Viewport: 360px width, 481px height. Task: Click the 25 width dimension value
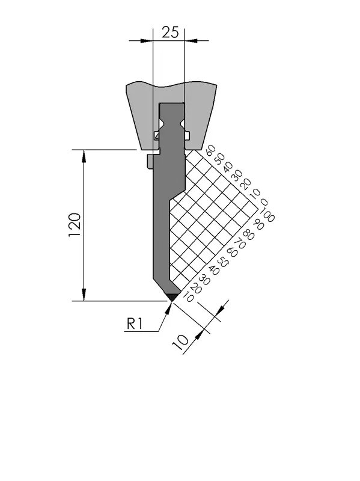(170, 32)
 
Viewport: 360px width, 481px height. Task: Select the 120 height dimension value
(75, 224)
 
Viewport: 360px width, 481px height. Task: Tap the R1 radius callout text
(135, 323)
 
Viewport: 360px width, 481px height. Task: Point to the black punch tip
(172, 297)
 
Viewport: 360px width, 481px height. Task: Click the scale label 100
(266, 215)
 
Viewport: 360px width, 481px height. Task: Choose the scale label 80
(249, 234)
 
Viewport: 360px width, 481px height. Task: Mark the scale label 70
(240, 244)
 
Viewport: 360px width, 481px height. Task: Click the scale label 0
(264, 203)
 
